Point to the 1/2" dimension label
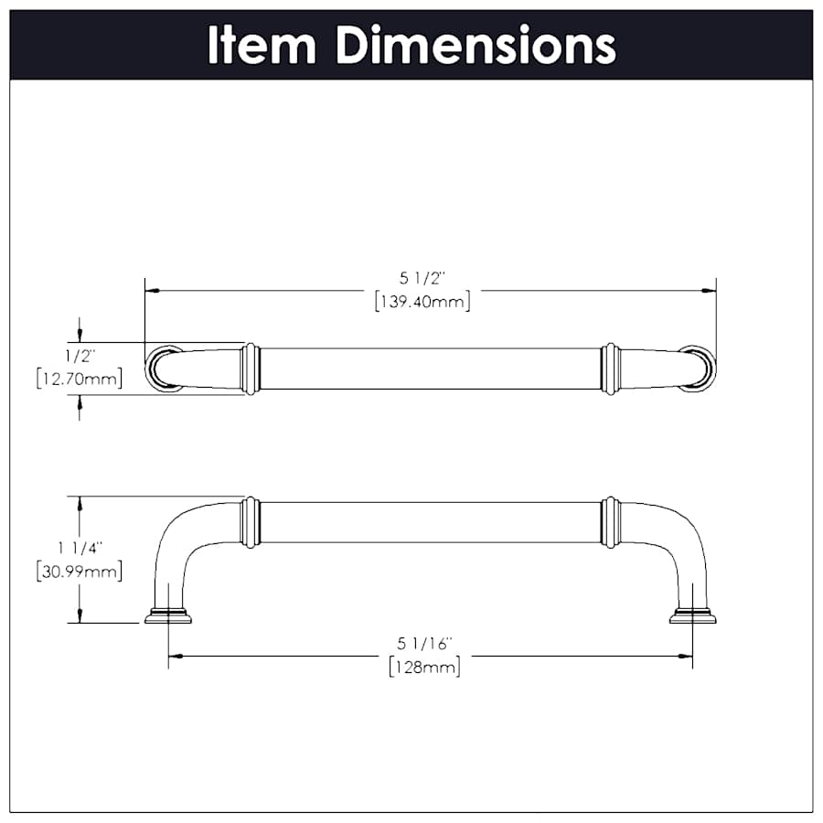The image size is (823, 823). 80,353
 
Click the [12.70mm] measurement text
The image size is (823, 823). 80,378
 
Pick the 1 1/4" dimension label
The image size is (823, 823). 80,548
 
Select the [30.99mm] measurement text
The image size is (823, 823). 80,572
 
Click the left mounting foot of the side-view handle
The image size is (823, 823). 168,615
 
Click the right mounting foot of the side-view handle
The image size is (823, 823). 692,615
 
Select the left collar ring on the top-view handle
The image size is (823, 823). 250,369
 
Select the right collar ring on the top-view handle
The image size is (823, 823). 611,369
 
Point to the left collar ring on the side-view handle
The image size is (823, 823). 250,522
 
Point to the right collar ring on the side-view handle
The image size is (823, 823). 611,522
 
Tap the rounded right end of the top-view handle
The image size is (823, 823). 700,369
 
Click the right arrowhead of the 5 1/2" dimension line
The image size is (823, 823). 709,291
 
